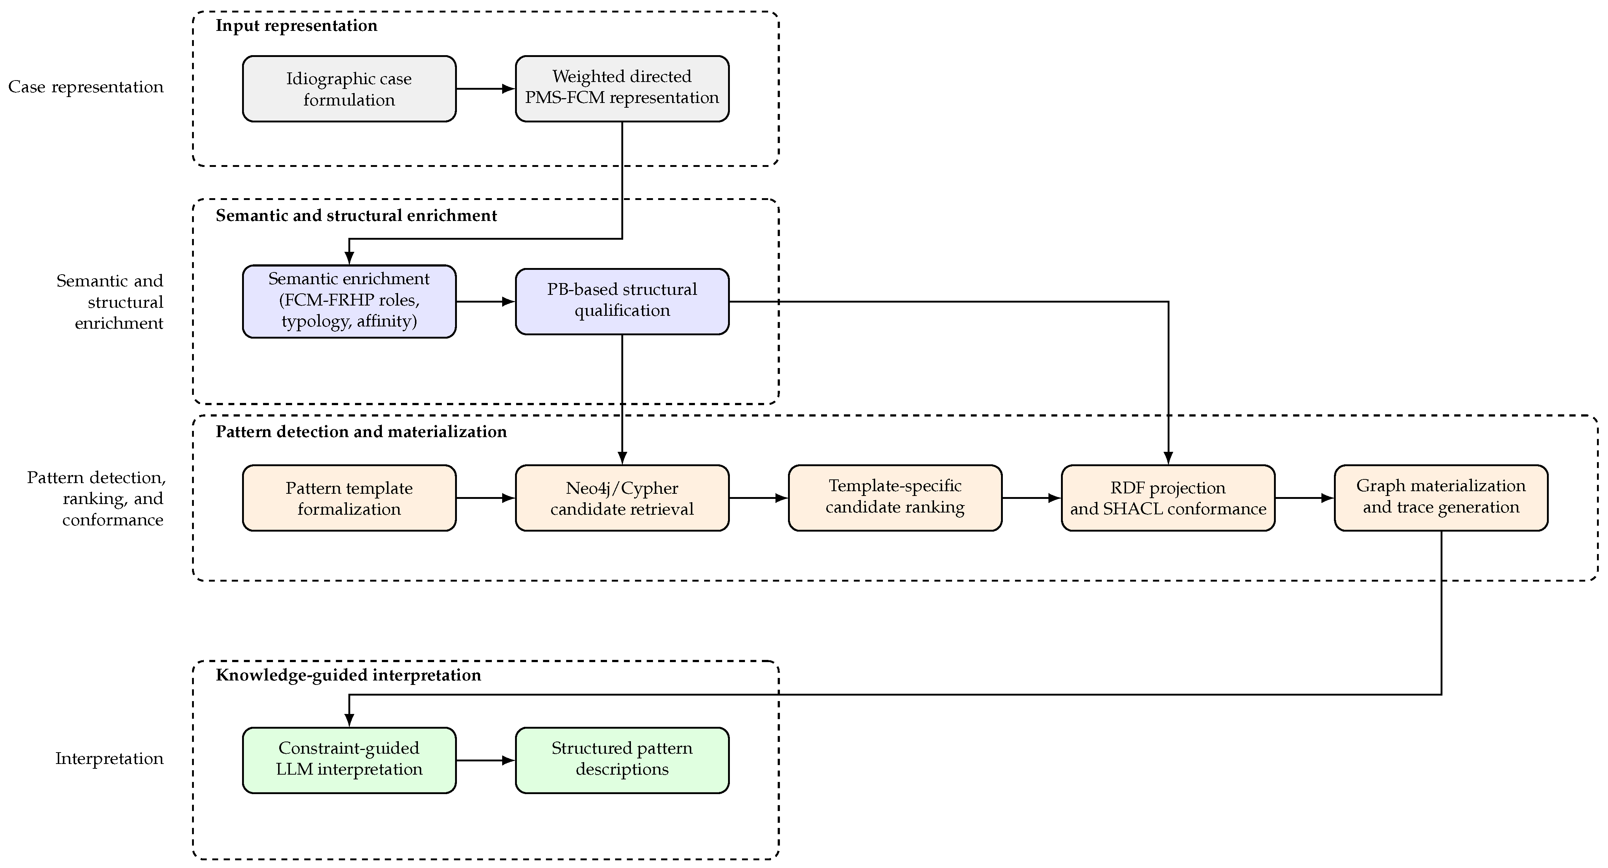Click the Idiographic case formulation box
point(349,89)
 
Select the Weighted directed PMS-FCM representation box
point(622,89)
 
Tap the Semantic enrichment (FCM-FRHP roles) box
point(349,301)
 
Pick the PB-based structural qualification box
point(622,301)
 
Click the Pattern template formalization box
point(349,498)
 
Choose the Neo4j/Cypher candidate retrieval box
point(622,498)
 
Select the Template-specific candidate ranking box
point(895,498)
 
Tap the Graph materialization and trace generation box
point(1441,498)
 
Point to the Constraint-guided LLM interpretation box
point(349,760)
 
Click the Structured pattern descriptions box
point(622,760)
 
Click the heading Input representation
point(297,26)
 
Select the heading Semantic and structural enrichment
point(356,216)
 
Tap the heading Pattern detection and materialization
point(361,432)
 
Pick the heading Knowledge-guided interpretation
point(348,675)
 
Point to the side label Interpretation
point(109,759)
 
